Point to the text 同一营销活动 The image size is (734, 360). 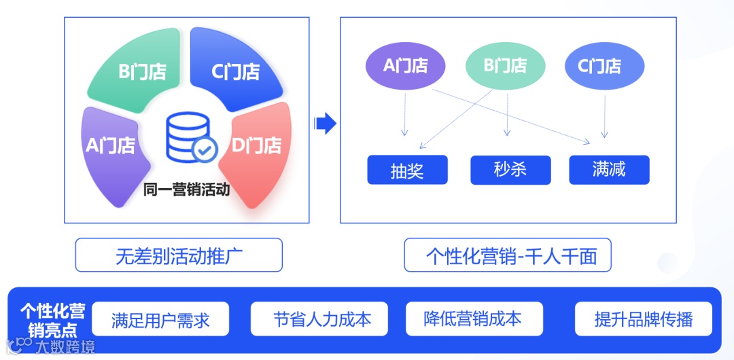[186, 190]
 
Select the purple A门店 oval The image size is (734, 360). [405, 66]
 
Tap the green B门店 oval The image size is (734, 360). [504, 66]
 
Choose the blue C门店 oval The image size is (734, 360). [604, 66]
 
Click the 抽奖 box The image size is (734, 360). [407, 170]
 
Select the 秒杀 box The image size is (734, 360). [510, 170]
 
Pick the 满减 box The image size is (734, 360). [608, 170]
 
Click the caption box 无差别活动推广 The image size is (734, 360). [178, 256]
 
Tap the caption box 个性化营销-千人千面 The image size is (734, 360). [507, 256]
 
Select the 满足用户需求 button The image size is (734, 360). [160, 319]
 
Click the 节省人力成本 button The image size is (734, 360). [319, 319]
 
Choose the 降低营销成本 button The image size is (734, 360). [473, 319]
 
